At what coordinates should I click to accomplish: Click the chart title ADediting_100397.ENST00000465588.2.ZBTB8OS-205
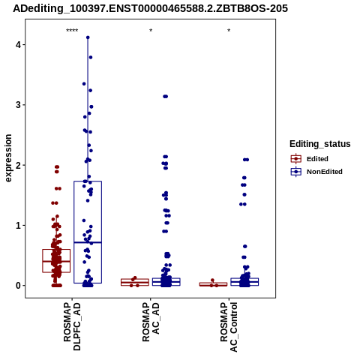(151, 8)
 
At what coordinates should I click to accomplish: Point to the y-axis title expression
(8, 158)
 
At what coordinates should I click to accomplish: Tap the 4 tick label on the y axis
(18, 45)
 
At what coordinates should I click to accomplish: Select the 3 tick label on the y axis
(18, 105)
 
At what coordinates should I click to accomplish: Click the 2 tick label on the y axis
(18, 165)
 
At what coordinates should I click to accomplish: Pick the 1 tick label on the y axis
(18, 226)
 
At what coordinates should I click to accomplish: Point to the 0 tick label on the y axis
(18, 286)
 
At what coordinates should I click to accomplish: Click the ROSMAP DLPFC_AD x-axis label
(72, 326)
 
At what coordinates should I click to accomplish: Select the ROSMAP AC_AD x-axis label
(151, 322)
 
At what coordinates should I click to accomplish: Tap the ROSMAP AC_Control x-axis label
(229, 327)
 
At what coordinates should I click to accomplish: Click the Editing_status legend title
(320, 144)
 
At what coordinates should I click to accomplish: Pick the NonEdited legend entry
(316, 172)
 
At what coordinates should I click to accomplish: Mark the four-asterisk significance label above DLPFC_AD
(72, 31)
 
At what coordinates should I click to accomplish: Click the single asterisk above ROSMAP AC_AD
(151, 31)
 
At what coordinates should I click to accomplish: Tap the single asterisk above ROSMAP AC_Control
(229, 31)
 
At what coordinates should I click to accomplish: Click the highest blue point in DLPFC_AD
(88, 37)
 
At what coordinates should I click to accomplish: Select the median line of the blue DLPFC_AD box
(88, 242)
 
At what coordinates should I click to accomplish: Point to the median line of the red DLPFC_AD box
(56, 261)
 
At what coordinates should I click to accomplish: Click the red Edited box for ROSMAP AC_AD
(135, 282)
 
